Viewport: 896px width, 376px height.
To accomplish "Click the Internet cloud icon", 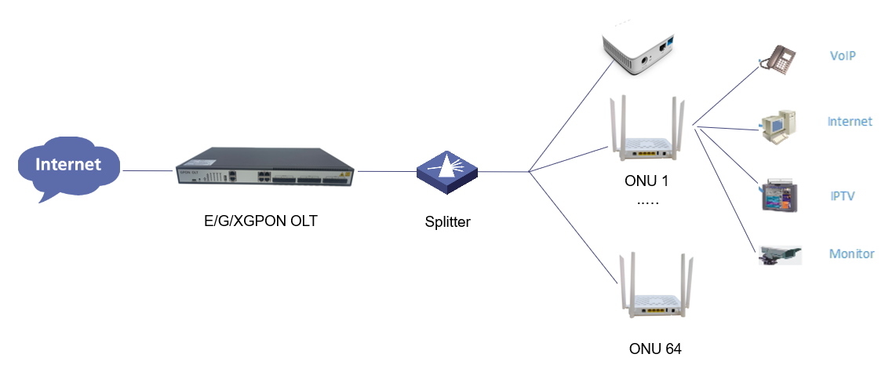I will tap(69, 166).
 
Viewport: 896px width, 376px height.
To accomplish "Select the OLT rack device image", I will tap(266, 169).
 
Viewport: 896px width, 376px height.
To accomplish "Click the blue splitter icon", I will tap(447, 173).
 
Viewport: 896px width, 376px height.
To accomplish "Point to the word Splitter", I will tap(446, 222).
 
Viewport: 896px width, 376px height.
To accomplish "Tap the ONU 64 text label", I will tap(655, 349).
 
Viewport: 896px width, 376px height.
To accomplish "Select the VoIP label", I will tap(842, 57).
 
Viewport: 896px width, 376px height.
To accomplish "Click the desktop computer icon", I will tap(778, 125).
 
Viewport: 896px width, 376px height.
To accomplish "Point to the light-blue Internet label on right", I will tap(850, 122).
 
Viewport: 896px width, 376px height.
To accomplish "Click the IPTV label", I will tap(842, 195).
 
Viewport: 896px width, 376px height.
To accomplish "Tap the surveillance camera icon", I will tap(780, 254).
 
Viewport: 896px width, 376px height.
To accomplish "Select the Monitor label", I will tap(851, 254).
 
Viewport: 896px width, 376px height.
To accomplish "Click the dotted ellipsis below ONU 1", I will tap(648, 202).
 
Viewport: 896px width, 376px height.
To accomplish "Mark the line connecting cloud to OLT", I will tap(148, 171).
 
